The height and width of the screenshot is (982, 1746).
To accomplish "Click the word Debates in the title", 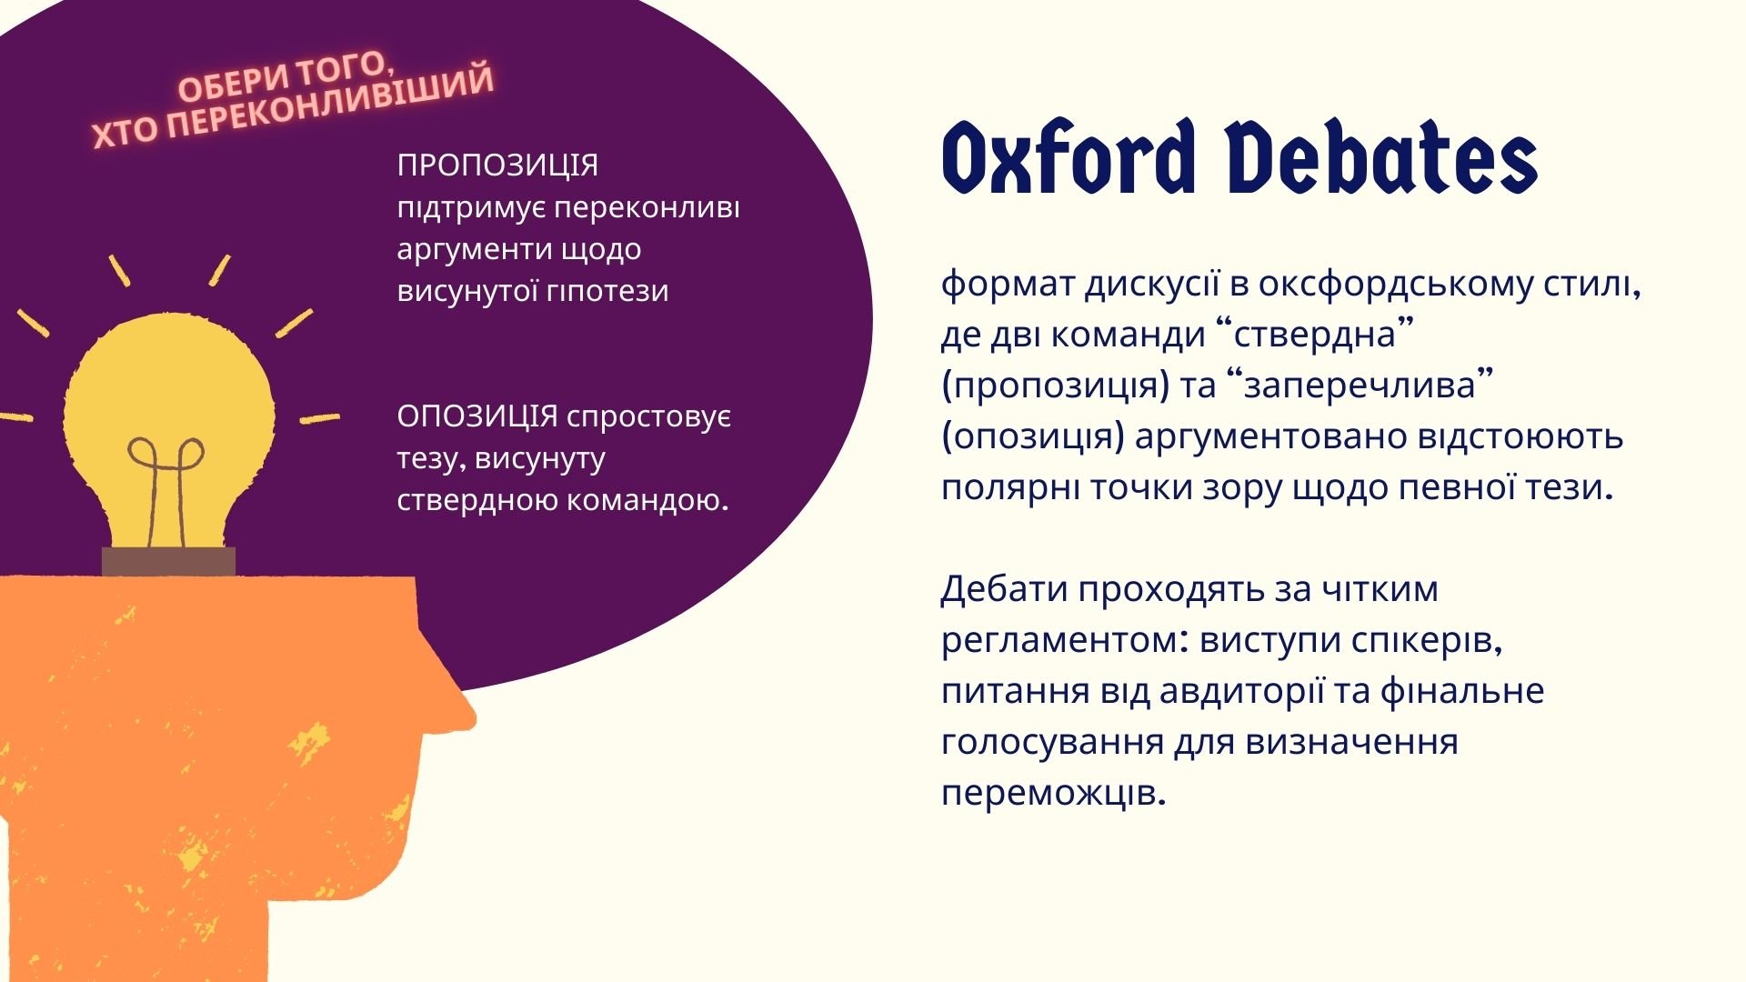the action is (1382, 158).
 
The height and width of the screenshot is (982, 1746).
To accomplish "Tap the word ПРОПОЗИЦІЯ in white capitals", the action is (497, 165).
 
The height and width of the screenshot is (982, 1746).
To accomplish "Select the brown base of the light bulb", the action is (168, 562).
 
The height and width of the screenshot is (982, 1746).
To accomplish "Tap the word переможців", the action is (1053, 794).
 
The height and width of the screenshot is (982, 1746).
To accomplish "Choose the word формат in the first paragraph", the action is (1008, 285).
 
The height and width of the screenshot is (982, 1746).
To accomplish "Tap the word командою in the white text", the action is (647, 500).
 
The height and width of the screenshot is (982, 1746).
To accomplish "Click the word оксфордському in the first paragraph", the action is (1396, 285).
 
